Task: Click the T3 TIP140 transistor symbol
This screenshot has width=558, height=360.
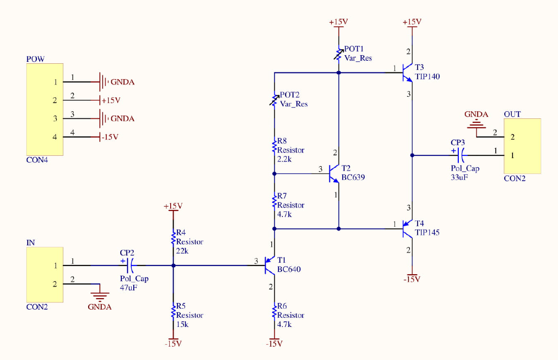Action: pos(408,73)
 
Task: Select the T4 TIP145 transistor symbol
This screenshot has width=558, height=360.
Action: pos(408,229)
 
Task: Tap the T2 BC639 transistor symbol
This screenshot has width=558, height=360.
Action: pos(335,173)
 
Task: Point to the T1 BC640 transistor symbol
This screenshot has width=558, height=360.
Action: pos(269,265)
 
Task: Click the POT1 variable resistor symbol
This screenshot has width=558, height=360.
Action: pos(339,53)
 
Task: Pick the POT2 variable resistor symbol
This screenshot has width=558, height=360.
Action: pos(274,100)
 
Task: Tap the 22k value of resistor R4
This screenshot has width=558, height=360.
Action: pos(182,250)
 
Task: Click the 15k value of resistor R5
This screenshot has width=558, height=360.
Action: pos(182,324)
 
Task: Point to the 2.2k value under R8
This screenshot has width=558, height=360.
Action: pos(284,159)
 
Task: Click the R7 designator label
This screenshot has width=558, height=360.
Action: pos(282,196)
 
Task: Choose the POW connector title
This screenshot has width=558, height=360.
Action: pos(35,59)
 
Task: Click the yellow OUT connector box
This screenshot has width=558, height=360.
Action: pos(522,146)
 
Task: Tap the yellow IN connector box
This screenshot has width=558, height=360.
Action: pos(45,275)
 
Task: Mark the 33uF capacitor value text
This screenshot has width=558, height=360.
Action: pos(459,177)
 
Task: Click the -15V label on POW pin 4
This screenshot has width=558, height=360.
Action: pos(110,137)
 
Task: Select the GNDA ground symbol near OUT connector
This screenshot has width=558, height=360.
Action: pos(476,124)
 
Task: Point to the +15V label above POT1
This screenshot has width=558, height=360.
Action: pos(338,22)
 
